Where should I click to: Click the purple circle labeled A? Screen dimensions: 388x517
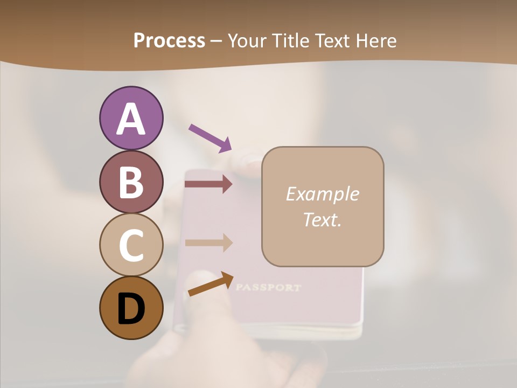point(131,118)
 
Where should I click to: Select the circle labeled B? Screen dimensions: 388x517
point(131,182)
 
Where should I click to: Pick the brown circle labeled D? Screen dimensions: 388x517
point(131,308)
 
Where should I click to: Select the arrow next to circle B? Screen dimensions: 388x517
point(208,184)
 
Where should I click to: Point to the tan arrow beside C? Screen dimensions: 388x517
point(208,242)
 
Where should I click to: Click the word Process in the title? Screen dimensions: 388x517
point(169,41)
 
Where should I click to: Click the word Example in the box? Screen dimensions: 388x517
point(323,194)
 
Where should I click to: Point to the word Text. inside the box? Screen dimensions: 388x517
point(323,219)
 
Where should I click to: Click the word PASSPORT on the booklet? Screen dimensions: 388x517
point(268,287)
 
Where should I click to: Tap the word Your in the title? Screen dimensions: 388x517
point(247,41)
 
